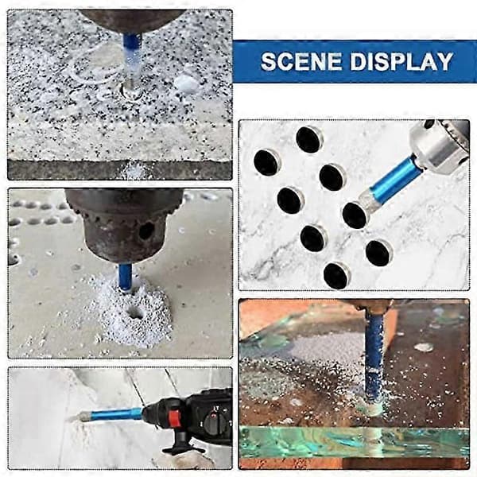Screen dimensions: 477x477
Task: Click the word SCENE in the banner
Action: pyautogui.click(x=301, y=61)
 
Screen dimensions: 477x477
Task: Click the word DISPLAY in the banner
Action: pyautogui.click(x=401, y=61)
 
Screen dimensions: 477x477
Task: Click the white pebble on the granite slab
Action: pyautogui.click(x=188, y=83)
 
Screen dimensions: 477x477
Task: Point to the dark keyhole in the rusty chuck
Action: pyautogui.click(x=146, y=231)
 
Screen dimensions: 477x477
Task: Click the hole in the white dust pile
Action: pyautogui.click(x=135, y=312)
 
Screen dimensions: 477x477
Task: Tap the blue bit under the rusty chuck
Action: pyautogui.click(x=125, y=277)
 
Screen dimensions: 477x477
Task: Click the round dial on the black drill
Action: pyautogui.click(x=215, y=422)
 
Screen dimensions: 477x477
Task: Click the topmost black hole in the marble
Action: pyautogui.click(x=308, y=139)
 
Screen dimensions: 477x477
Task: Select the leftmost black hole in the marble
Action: pyautogui.click(x=266, y=162)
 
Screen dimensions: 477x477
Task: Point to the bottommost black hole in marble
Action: pyautogui.click(x=336, y=276)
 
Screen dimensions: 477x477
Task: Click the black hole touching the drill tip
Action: pyautogui.click(x=355, y=215)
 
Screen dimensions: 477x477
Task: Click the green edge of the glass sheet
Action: pyautogui.click(x=354, y=441)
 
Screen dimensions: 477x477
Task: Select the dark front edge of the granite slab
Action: pyautogui.click(x=119, y=170)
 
